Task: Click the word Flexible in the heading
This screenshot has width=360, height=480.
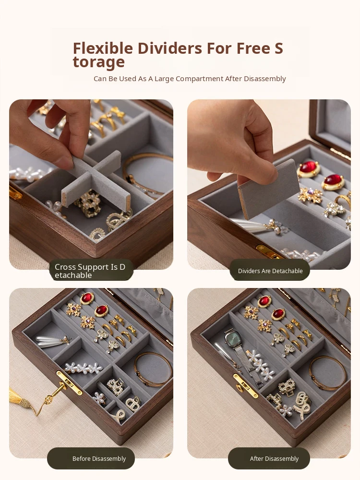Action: click(x=103, y=48)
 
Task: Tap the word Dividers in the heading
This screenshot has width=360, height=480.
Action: click(x=169, y=48)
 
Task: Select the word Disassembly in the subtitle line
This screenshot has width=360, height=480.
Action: click(x=264, y=79)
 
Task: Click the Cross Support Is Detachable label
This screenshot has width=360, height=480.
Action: click(x=91, y=271)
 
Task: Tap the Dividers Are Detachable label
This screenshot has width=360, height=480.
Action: click(x=270, y=271)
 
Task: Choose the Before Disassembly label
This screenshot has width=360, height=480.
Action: click(x=91, y=458)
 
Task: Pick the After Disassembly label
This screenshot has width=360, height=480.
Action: click(x=269, y=458)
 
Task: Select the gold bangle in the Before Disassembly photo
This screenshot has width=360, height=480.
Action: click(x=154, y=369)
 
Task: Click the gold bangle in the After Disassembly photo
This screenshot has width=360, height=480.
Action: click(x=327, y=373)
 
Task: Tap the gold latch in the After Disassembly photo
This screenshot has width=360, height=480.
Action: click(x=245, y=385)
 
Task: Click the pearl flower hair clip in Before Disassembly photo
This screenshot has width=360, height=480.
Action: click(x=83, y=368)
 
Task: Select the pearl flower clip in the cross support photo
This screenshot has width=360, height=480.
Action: click(x=29, y=174)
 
